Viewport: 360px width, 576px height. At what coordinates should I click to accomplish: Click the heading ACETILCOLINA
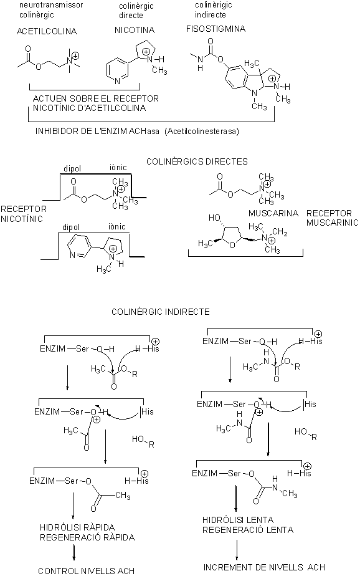coord(47,31)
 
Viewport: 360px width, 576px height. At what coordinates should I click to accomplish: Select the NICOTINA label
coord(135,30)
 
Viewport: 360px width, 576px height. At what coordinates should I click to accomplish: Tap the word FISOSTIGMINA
coord(216,29)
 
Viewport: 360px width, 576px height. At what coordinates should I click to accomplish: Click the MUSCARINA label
coord(273,213)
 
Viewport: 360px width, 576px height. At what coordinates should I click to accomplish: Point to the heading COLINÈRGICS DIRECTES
coord(197,161)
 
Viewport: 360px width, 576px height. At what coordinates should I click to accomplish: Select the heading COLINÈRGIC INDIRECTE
coord(161,312)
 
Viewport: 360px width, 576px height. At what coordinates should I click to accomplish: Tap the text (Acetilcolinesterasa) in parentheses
coord(202,131)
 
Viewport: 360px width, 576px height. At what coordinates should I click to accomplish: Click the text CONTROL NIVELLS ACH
coord(86,571)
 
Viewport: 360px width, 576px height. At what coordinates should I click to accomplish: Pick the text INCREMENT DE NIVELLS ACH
coord(264,567)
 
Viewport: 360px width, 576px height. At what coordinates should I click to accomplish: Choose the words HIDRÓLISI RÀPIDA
coord(77,527)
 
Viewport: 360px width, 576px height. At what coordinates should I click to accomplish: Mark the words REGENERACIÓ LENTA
coord(248,530)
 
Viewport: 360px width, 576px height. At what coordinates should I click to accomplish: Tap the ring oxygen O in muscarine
coord(232,244)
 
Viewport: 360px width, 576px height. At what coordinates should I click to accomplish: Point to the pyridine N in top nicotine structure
coord(118,82)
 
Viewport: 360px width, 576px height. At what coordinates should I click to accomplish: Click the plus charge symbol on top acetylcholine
coord(75,56)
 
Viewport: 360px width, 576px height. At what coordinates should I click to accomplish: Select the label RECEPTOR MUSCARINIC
coord(332,218)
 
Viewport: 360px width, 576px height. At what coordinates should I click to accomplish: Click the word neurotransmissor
coord(51,5)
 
